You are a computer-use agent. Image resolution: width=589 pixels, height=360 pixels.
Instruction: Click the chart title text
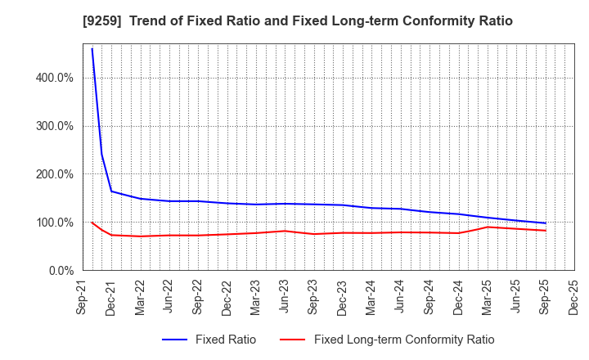point(294,21)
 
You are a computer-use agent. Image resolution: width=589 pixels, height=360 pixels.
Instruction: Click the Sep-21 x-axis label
point(83,296)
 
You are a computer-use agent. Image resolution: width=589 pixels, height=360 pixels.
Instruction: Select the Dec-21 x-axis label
point(111,296)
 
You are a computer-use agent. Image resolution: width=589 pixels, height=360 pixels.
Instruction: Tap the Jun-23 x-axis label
point(285,296)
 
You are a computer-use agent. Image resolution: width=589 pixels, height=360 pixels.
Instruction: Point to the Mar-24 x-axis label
point(371,296)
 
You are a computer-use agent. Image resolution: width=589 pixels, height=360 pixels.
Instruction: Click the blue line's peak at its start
point(92,48)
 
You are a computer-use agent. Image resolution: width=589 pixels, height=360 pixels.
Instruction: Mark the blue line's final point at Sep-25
point(546,223)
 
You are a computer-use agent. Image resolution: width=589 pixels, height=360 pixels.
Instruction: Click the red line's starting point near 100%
point(92,223)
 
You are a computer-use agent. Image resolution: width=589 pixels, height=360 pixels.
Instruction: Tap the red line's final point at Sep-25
point(546,231)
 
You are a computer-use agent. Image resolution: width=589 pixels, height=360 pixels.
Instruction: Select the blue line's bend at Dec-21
point(111,191)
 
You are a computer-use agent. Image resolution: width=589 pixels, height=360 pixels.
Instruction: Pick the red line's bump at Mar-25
point(488,227)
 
